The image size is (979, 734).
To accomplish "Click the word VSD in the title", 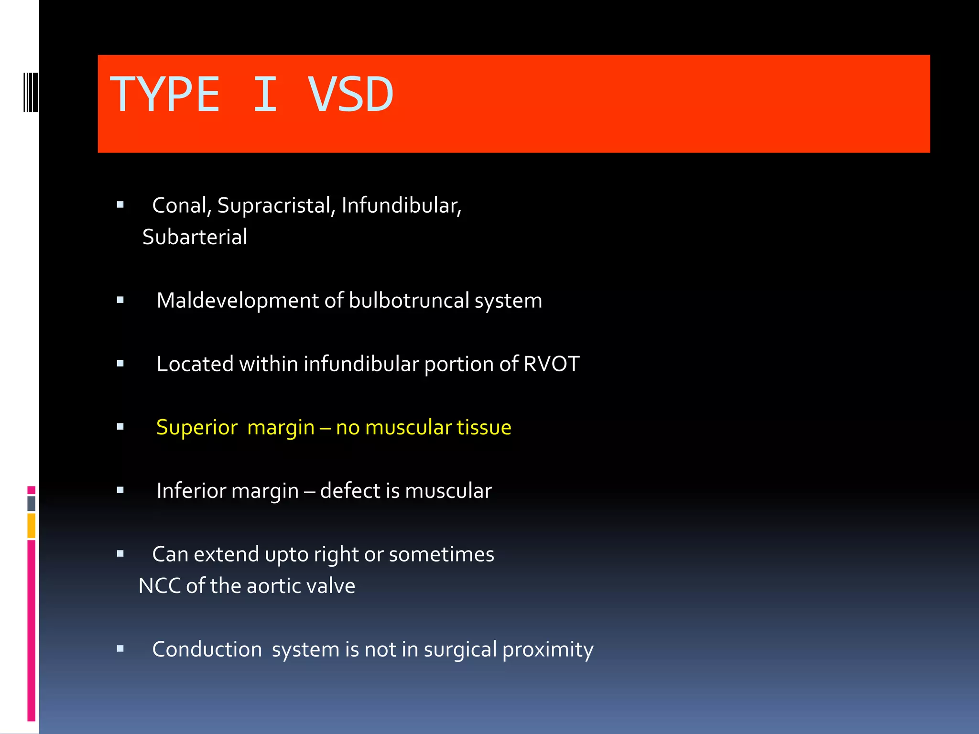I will coord(350,95).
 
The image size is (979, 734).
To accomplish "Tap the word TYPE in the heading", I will coord(165,95).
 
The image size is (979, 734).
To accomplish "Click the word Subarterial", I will coord(195,237).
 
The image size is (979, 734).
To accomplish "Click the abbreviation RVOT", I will coord(551,364).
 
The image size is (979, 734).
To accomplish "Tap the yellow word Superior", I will coord(197,427).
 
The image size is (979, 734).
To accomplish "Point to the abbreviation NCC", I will coord(159,586).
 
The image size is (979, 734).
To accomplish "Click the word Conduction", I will coord(207,649).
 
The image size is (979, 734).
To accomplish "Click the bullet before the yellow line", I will coord(120,427).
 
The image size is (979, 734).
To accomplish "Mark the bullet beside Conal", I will coord(120,205).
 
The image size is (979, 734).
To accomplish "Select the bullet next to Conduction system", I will coord(120,649).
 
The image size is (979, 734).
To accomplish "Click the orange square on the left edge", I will coord(32,525).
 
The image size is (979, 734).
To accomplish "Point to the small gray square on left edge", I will coord(32,503).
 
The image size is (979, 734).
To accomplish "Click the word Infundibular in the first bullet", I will coord(401,205).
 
